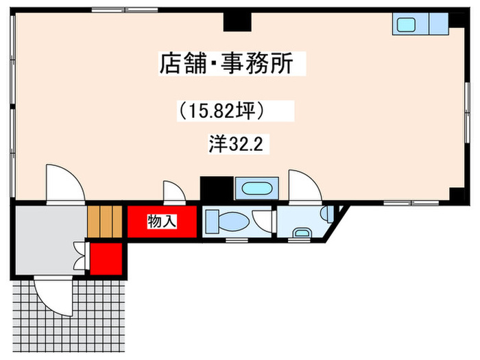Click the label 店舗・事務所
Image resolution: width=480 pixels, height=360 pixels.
[226, 64]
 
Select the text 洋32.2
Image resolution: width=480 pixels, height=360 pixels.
[237, 145]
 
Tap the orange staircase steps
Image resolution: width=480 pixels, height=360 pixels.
[104, 220]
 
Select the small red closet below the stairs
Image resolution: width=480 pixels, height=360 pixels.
[106, 256]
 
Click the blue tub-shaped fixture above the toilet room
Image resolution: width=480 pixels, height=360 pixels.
[256, 189]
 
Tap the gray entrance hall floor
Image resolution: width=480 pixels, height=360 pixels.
[43, 239]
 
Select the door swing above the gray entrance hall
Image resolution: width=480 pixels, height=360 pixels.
[64, 184]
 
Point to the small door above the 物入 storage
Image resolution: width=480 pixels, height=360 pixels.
[174, 194]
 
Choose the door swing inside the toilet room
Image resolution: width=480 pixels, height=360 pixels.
[262, 221]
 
